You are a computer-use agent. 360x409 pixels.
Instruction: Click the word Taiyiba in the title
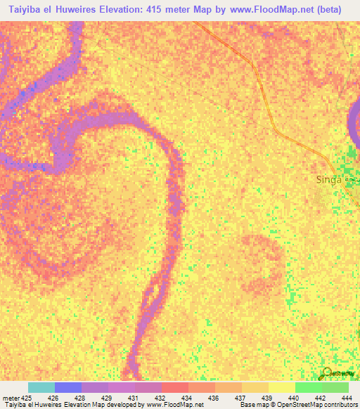click(25, 9)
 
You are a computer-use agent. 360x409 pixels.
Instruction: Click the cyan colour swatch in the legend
click(41, 387)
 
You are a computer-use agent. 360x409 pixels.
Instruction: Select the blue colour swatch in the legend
click(68, 387)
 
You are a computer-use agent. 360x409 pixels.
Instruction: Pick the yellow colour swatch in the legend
click(281, 387)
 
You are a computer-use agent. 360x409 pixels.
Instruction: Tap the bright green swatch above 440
click(308, 387)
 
